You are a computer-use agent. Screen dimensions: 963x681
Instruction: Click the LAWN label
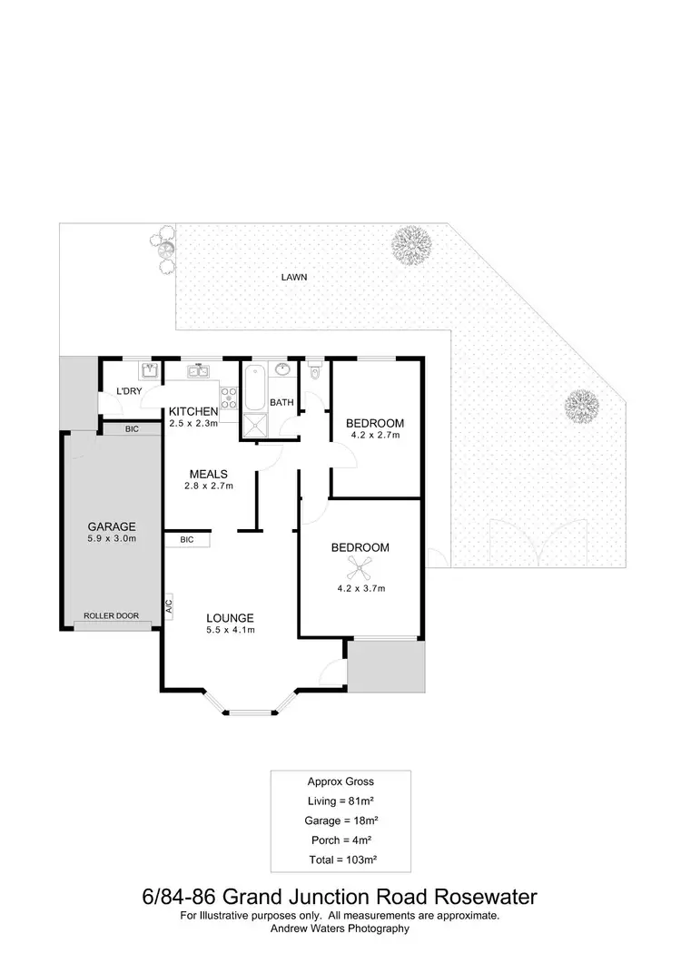point(294,278)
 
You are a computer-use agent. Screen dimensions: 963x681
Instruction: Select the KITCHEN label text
point(193,411)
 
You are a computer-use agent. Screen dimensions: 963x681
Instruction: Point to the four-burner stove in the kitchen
point(229,397)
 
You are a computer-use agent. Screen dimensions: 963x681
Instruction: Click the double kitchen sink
point(200,370)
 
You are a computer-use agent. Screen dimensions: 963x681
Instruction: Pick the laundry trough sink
point(149,370)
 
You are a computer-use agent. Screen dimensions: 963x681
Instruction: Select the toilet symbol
point(315,370)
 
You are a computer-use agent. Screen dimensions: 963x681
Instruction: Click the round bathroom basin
point(282,370)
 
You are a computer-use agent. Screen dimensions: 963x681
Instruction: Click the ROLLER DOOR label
point(112,615)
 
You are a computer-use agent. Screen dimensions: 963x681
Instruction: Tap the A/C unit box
point(169,605)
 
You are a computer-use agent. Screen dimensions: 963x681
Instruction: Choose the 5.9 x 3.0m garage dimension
point(112,538)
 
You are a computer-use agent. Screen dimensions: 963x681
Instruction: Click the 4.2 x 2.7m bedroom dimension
point(375,436)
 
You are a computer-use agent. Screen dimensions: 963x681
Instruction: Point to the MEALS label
point(208,474)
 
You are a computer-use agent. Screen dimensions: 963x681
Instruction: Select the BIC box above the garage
point(132,428)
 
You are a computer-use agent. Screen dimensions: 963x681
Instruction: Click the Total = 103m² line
point(340,858)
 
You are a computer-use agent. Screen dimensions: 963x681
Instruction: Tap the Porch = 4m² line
point(340,839)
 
